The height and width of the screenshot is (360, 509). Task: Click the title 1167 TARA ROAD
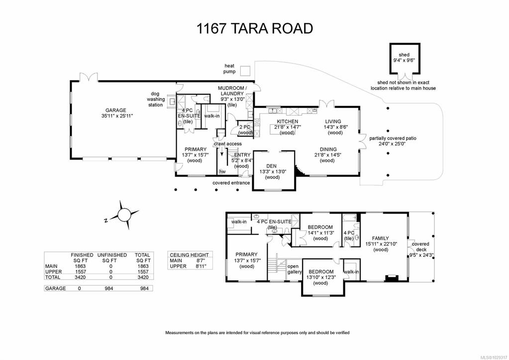[x=254, y=28]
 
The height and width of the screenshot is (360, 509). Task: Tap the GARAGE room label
[x=115, y=110]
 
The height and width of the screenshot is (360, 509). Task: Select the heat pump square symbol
[x=245, y=70]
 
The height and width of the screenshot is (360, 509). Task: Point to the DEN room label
[x=272, y=165]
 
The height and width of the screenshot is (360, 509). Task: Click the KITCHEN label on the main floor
[x=287, y=121]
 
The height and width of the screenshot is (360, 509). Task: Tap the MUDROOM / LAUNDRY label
[x=231, y=91]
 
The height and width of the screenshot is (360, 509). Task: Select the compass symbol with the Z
[x=122, y=215]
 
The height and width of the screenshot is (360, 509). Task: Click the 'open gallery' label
[x=295, y=269]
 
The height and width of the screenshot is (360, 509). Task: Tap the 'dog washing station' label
[x=155, y=99]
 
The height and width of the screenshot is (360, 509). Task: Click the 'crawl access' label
[x=227, y=144]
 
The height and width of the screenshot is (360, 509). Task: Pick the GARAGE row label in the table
[x=55, y=288]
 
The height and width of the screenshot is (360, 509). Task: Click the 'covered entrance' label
[x=231, y=183]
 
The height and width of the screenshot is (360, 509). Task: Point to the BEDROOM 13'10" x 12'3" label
[x=320, y=271]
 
